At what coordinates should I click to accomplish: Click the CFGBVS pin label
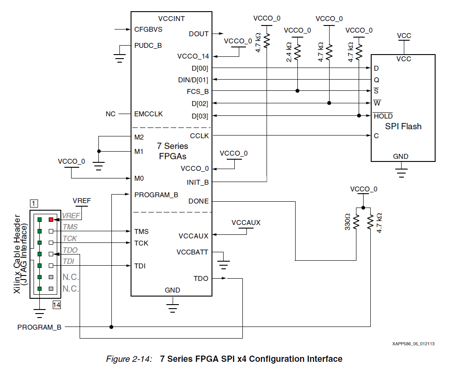click(148, 30)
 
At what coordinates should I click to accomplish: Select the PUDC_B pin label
click(148, 45)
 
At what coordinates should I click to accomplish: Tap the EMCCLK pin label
click(148, 114)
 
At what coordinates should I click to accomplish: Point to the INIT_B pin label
click(198, 182)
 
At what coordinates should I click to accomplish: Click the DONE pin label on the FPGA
click(199, 201)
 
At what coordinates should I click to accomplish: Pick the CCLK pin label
click(199, 136)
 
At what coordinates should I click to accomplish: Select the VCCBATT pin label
click(192, 252)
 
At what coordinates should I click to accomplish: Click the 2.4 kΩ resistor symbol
click(297, 52)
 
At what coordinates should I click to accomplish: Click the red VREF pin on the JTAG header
click(51, 220)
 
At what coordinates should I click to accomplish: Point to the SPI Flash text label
click(403, 127)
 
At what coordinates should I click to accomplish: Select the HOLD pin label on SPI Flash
click(383, 116)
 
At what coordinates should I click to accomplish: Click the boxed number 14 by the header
click(56, 305)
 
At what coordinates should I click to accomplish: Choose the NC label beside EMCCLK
click(110, 114)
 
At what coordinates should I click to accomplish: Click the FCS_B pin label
click(198, 91)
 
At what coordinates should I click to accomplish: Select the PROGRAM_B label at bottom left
click(39, 327)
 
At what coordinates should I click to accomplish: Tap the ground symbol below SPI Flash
click(402, 170)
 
